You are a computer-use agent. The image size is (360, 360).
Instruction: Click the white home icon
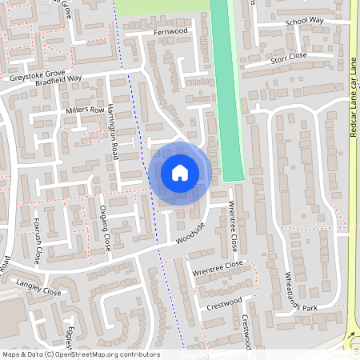pyautogui.click(x=180, y=173)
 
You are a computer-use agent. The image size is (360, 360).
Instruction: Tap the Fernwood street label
pyautogui.click(x=170, y=30)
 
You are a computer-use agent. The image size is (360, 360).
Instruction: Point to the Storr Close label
pyautogui.click(x=289, y=56)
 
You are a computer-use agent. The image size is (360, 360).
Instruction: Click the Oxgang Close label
pyautogui.click(x=103, y=226)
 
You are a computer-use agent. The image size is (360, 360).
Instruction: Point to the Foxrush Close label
pyautogui.click(x=36, y=239)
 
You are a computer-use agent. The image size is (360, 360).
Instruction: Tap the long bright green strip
pyautogui.click(x=227, y=88)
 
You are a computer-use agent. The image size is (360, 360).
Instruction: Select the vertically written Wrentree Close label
pyautogui.click(x=234, y=224)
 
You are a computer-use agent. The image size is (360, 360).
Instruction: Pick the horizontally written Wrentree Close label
pyautogui.click(x=217, y=265)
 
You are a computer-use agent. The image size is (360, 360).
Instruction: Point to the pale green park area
pyautogui.click(x=160, y=6)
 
